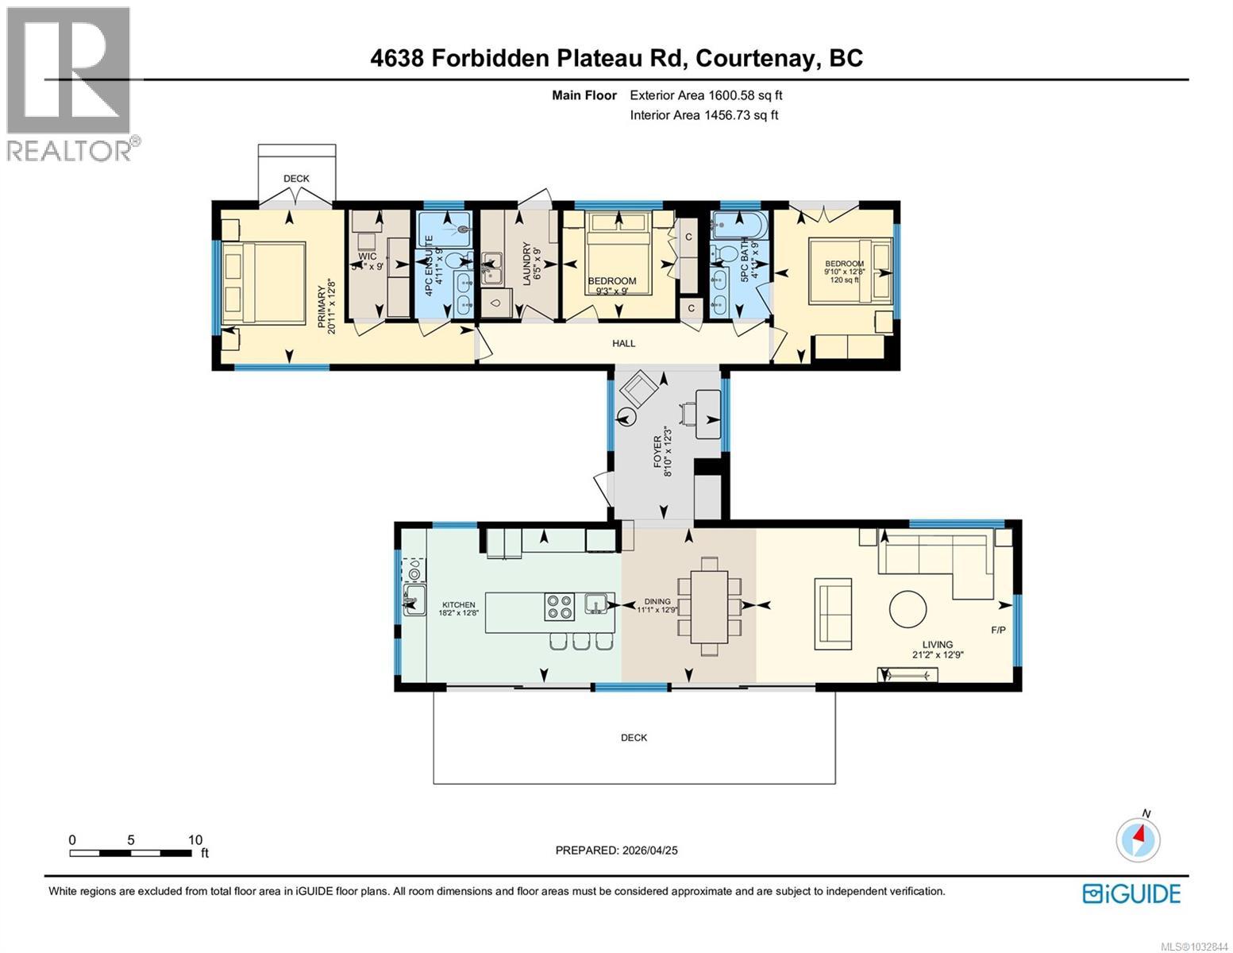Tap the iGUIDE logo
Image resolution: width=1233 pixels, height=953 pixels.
1131,893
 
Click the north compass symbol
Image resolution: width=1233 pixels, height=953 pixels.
1138,839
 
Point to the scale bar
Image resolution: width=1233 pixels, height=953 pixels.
130,853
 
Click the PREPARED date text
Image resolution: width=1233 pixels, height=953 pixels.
616,850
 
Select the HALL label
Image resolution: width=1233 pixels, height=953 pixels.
623,343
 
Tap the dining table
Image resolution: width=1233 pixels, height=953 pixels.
709,606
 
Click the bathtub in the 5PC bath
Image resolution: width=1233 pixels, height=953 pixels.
738,225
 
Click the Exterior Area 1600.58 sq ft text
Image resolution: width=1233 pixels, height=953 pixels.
706,95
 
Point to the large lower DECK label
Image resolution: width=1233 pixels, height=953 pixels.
634,738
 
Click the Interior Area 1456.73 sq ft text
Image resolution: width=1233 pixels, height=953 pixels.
703,115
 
